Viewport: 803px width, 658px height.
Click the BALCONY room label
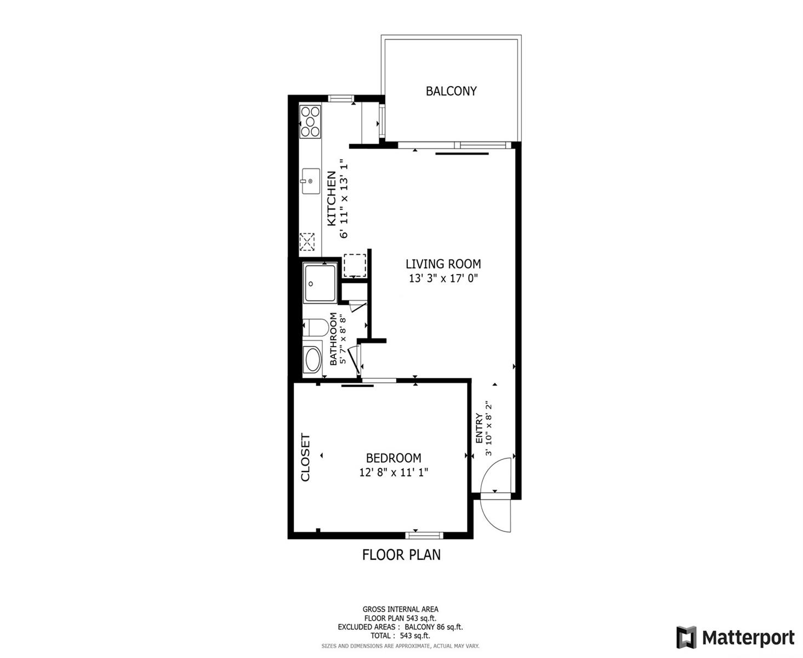[x=451, y=91]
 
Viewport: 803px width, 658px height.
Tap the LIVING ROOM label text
[x=443, y=264]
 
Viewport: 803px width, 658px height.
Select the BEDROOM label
[x=394, y=458]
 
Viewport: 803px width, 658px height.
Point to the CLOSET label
[x=306, y=457]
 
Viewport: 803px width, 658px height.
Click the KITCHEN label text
[x=332, y=198]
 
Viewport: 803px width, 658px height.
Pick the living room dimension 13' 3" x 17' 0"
[x=443, y=279]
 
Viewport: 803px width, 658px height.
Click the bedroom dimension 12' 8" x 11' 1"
[x=394, y=473]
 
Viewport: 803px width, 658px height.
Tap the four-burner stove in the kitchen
[x=310, y=122]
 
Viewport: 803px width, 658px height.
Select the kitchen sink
[x=311, y=181]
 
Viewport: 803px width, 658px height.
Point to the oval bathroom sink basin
[x=312, y=359]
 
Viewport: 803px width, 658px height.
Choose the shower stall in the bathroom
[x=320, y=282]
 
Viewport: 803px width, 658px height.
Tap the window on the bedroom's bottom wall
[x=424, y=535]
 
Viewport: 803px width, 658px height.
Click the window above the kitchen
[x=341, y=98]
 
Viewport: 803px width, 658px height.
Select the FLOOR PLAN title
[x=401, y=555]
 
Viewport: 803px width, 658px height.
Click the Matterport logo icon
[x=686, y=637]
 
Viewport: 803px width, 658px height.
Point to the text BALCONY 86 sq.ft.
[x=434, y=627]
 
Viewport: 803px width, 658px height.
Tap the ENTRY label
[x=480, y=428]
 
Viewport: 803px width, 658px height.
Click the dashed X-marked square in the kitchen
[x=307, y=242]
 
